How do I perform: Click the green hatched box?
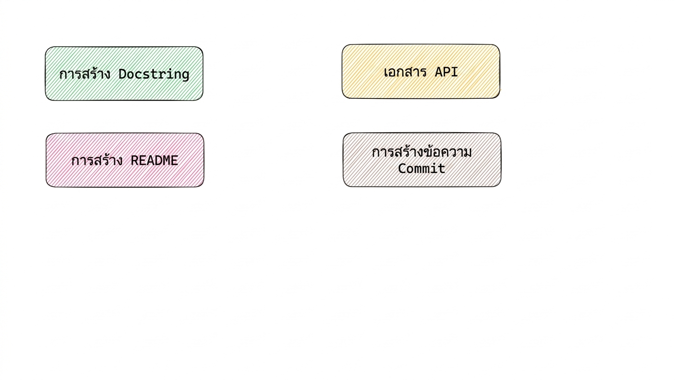(x=124, y=74)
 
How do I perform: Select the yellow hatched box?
(x=421, y=71)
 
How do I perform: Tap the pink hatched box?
(x=125, y=160)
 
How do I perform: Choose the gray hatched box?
(x=422, y=160)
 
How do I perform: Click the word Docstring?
(x=154, y=75)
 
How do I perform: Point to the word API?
(x=446, y=72)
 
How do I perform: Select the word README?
(x=154, y=160)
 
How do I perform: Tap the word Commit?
(x=422, y=168)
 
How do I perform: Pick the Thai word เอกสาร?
(x=405, y=72)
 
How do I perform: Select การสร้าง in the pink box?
(x=97, y=160)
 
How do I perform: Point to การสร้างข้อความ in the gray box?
(x=422, y=152)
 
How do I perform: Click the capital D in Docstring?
(x=122, y=74)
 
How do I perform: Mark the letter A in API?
(x=439, y=72)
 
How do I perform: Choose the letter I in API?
(x=454, y=72)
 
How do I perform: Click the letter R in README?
(x=135, y=160)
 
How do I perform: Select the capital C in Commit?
(x=402, y=168)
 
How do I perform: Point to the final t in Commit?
(x=442, y=168)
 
